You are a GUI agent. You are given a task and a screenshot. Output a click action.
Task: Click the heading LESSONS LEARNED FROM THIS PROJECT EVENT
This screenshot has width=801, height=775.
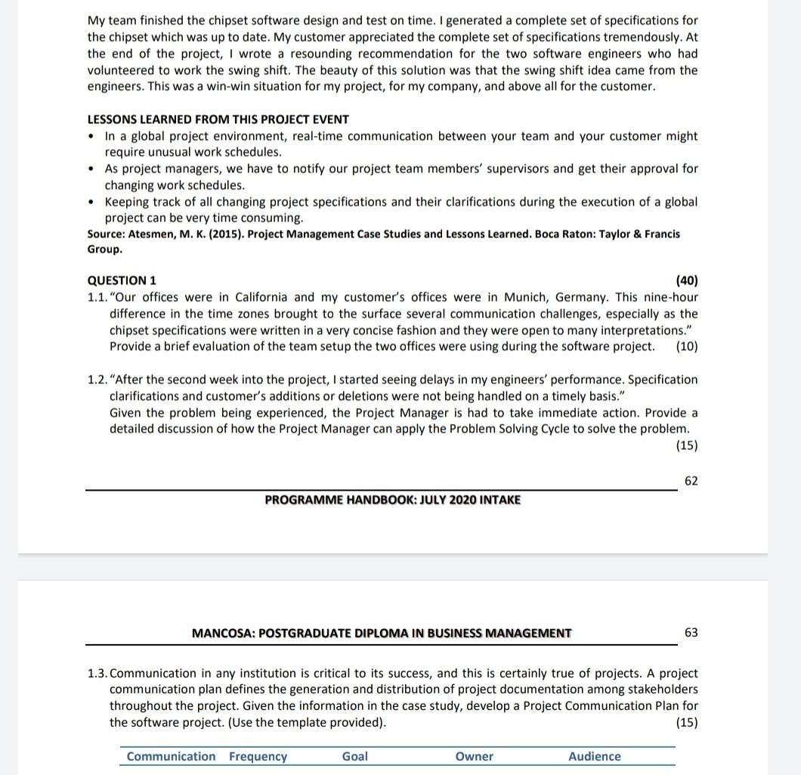pos(218,119)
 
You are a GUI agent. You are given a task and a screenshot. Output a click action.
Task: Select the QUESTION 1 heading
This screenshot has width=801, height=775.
pos(122,281)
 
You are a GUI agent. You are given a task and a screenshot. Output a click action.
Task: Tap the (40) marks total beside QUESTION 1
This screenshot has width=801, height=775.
pos(686,281)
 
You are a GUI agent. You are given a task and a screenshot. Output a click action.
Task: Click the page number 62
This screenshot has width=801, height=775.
pos(691,481)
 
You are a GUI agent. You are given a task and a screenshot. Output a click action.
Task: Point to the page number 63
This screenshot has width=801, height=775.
pos(691,633)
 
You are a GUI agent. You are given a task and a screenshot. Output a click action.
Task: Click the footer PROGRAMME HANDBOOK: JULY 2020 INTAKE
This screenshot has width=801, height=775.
pos(392,500)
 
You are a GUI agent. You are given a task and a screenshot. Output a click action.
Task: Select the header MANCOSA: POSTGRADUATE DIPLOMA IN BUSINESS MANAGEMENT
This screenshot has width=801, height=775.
pos(382,634)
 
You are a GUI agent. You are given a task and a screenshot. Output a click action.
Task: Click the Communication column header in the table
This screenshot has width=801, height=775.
pos(171,757)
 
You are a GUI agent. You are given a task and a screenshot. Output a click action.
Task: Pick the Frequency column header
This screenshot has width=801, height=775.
pos(258,757)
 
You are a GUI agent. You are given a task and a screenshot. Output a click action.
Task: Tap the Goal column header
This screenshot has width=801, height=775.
pos(355,757)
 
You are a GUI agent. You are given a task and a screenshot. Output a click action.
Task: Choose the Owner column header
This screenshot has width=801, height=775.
pos(475,757)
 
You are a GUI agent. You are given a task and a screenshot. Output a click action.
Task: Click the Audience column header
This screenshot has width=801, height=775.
pos(595,757)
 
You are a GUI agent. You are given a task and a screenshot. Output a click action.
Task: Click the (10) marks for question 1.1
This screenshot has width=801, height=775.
pos(687,347)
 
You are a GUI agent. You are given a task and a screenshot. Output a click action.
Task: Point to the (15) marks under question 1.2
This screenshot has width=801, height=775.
pos(687,445)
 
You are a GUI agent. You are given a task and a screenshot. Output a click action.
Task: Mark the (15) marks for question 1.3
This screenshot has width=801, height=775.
pos(687,723)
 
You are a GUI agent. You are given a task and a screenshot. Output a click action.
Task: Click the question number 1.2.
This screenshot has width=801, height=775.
pos(97,380)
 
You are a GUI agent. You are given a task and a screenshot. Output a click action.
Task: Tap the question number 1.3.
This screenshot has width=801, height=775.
pos(97,673)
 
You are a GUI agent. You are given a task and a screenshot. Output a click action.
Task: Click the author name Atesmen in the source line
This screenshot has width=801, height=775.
pos(153,234)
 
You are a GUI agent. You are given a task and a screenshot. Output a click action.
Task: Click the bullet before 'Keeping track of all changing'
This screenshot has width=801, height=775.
pos(92,203)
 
